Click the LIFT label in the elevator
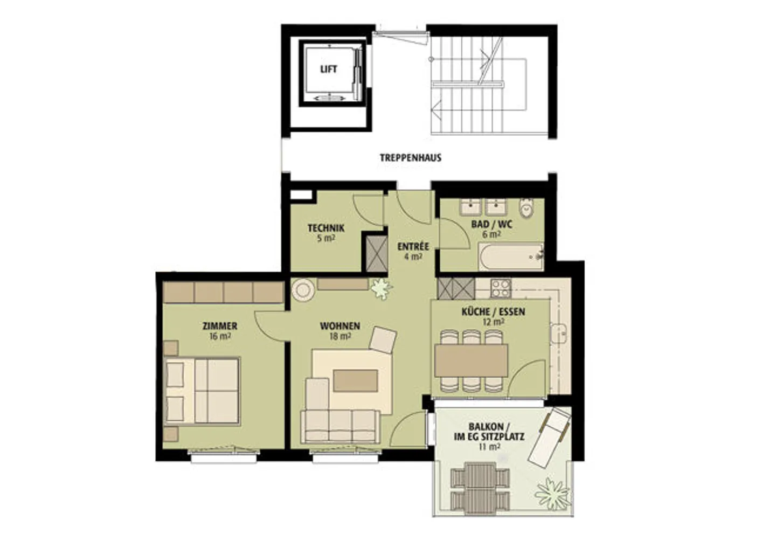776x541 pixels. click(329, 69)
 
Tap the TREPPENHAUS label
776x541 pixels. click(411, 158)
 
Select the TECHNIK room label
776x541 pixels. click(326, 228)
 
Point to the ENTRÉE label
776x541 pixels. click(413, 247)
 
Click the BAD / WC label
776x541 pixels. click(491, 224)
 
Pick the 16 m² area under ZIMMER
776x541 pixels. click(220, 336)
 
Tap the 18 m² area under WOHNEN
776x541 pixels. click(340, 336)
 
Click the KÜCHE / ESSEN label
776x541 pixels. click(493, 311)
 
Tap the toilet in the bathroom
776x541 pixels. click(526, 207)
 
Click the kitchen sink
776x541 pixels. click(559, 333)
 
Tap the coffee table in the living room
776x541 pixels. click(355, 381)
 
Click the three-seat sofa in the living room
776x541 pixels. click(339, 426)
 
